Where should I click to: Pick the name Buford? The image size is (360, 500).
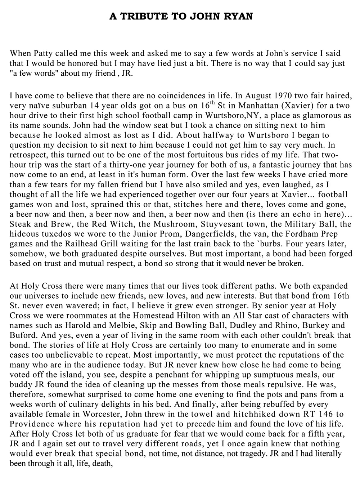23,335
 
